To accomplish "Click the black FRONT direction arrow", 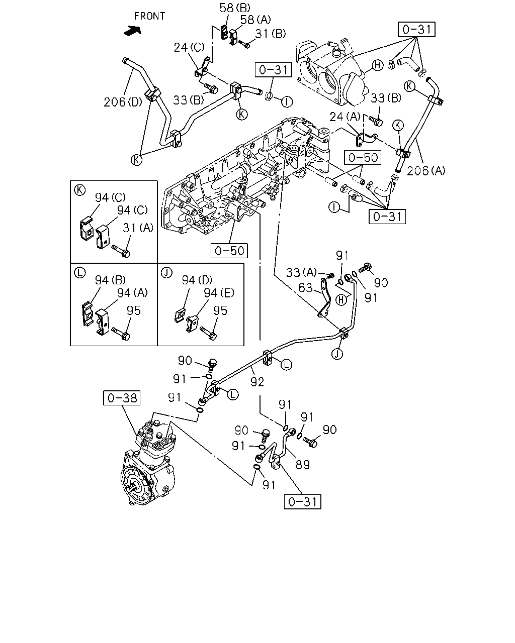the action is [132, 31].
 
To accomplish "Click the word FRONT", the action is [149, 16].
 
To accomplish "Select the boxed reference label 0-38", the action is [122, 398].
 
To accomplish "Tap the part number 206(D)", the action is [123, 102].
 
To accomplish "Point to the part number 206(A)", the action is [426, 171].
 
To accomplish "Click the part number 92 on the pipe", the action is [257, 382].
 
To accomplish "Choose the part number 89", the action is [303, 465].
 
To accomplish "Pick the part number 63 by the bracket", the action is [305, 288].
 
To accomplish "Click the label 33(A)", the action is [301, 272].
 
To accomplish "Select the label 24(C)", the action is [189, 47].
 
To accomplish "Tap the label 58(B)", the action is [235, 8].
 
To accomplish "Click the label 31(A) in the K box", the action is [138, 228].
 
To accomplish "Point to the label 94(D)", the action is [197, 280].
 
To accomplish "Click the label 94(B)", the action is [111, 280].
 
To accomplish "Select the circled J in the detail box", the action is [166, 272].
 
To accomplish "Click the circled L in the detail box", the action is [79, 272].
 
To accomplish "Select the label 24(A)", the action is [345, 117].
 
